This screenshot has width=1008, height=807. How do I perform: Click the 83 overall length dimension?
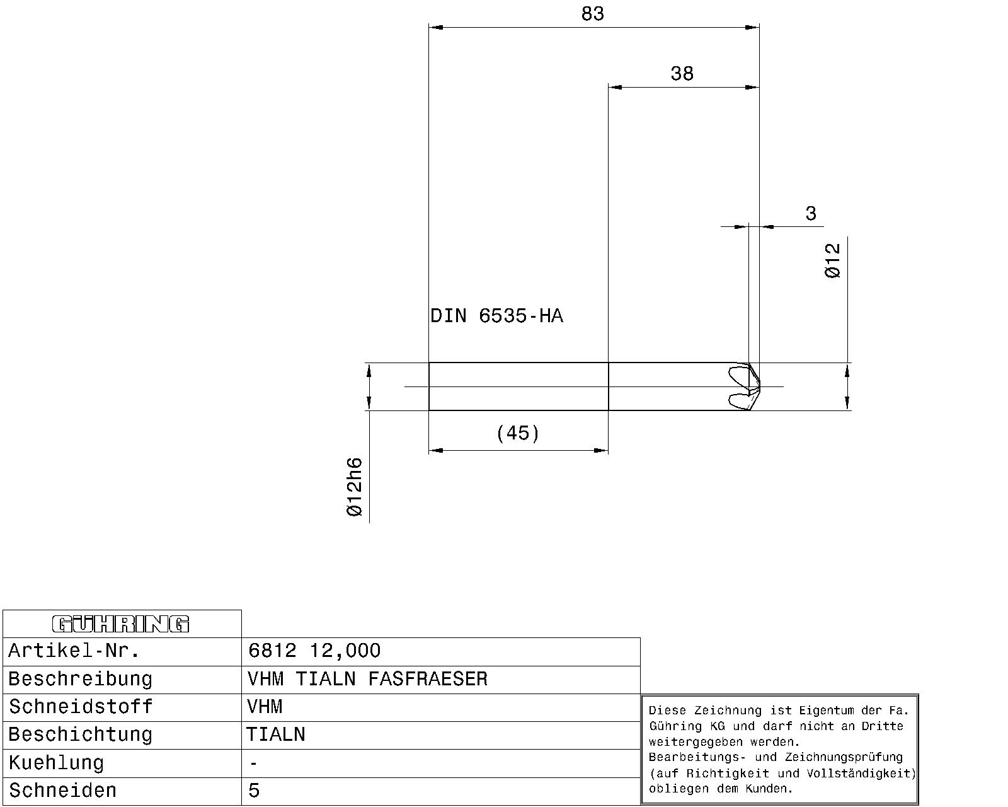(x=593, y=14)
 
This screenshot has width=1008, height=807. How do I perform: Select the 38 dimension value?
(x=682, y=74)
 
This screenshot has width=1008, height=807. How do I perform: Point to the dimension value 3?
(x=811, y=213)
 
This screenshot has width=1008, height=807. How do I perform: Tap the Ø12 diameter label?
(x=833, y=261)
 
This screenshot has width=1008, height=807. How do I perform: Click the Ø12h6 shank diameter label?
(x=355, y=487)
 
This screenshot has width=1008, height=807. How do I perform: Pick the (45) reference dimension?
(x=518, y=433)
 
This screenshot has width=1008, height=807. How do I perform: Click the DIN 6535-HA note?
(x=496, y=316)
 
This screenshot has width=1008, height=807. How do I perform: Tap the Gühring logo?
(x=120, y=624)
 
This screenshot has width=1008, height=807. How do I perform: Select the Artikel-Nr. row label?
(x=74, y=651)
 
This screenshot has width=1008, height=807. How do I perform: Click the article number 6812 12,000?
(x=314, y=651)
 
